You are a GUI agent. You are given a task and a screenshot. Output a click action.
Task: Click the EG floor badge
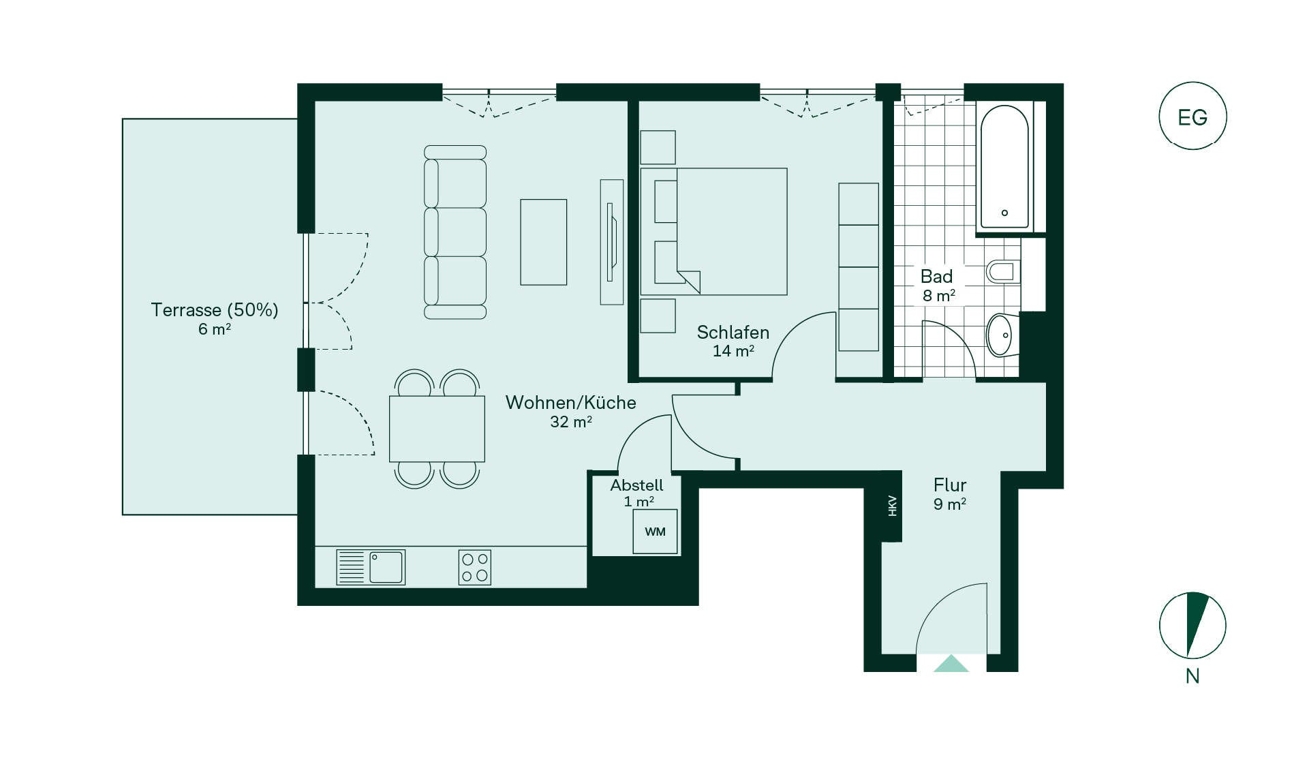click(x=1192, y=116)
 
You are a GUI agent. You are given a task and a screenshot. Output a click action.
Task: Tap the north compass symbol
click(x=1192, y=626)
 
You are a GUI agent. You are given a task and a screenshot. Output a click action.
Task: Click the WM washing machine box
click(x=655, y=532)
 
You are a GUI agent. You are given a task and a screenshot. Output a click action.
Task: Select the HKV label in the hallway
click(x=892, y=506)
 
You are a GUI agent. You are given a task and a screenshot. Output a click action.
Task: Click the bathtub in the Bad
click(x=1004, y=168)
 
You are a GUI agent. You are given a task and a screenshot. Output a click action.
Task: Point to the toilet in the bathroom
click(x=1003, y=271)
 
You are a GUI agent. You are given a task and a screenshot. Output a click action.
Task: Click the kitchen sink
click(x=371, y=568)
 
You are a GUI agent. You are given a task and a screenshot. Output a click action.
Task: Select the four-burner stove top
click(x=475, y=568)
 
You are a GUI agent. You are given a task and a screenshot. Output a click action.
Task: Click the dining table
click(x=437, y=429)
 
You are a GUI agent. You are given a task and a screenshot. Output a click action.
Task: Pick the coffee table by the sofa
click(x=544, y=242)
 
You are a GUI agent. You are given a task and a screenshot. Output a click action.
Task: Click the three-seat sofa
click(x=455, y=232)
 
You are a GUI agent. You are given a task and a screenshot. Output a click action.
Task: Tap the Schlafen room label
click(x=733, y=333)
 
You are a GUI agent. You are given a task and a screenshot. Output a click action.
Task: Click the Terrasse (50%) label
click(x=215, y=310)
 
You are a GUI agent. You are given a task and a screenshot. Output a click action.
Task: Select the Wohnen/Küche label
click(x=571, y=403)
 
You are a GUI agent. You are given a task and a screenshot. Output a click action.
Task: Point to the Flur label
click(x=950, y=485)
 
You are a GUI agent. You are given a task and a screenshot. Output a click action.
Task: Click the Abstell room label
click(x=636, y=485)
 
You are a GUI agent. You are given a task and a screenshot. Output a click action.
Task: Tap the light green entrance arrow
click(x=951, y=663)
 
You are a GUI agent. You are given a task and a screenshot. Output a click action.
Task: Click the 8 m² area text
click(x=939, y=296)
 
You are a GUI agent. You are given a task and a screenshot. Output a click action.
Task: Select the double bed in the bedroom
click(x=714, y=232)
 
